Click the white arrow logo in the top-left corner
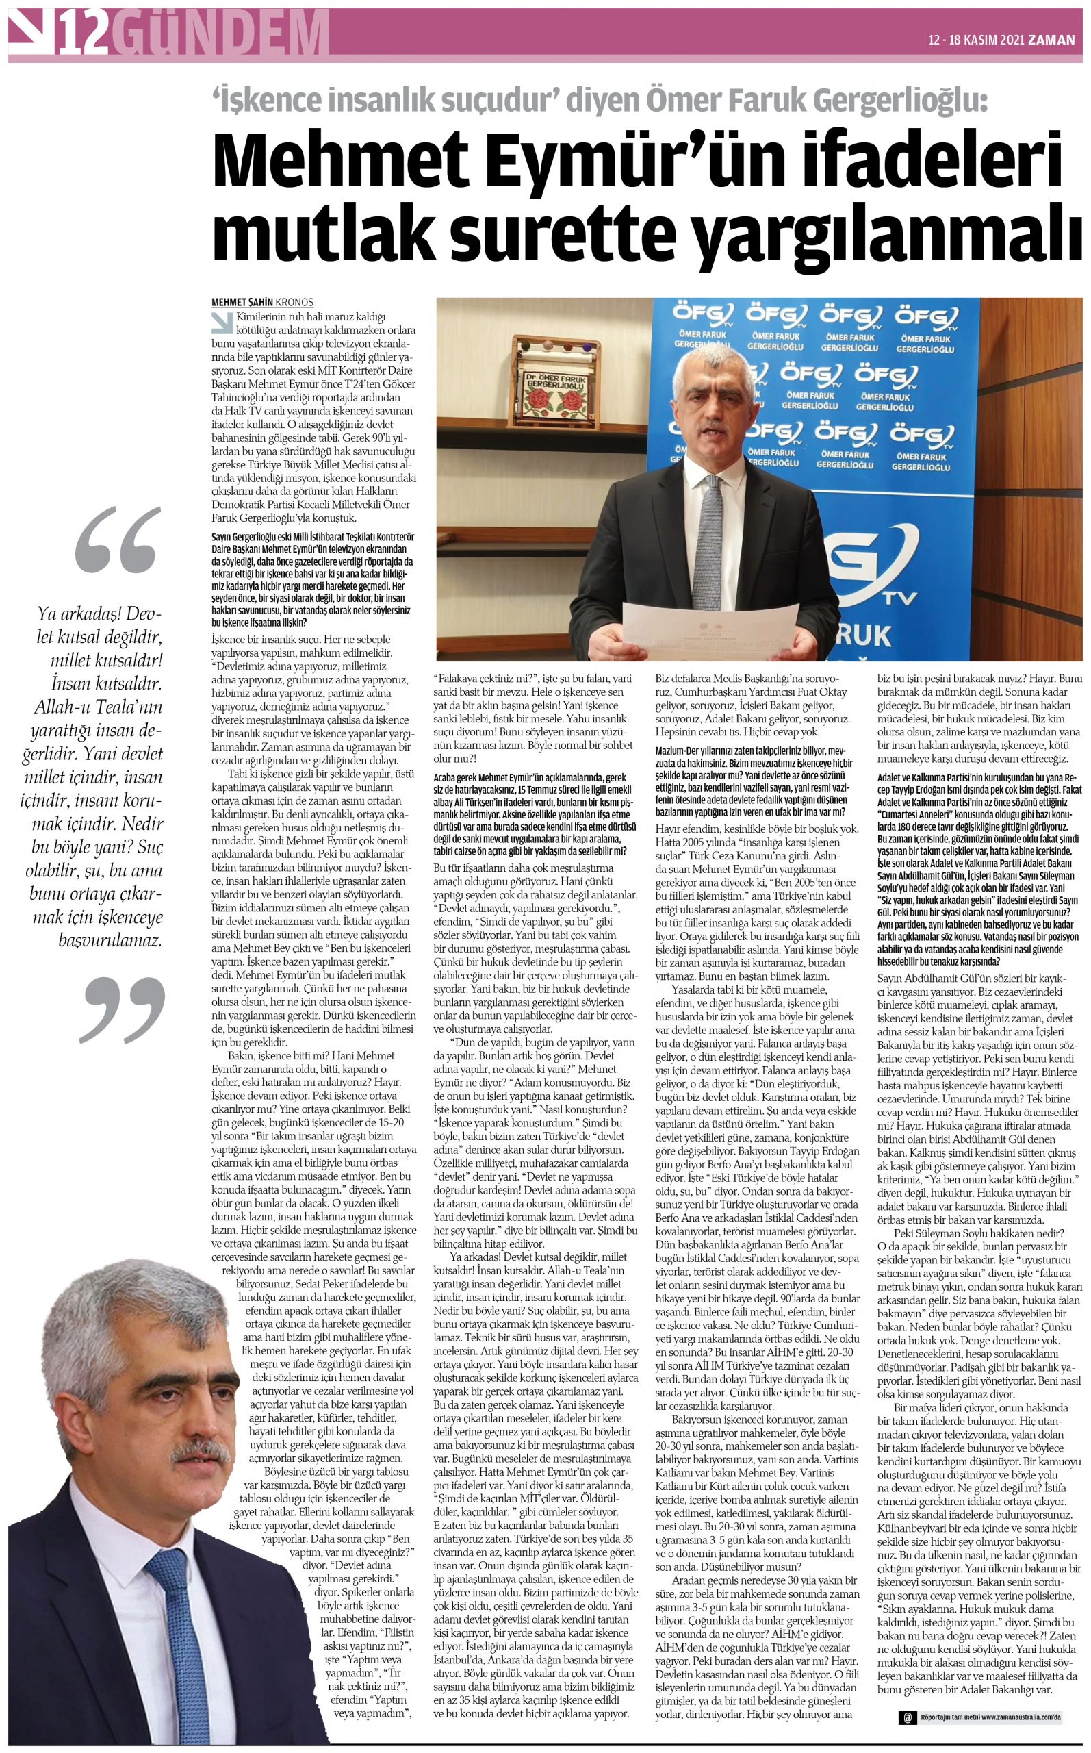[30, 32]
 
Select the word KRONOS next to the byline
[294, 303]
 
